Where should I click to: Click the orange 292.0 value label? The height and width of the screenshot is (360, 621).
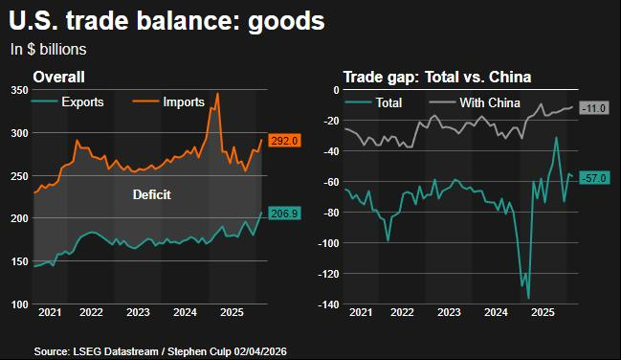(x=284, y=141)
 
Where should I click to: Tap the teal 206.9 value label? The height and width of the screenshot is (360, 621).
(x=284, y=214)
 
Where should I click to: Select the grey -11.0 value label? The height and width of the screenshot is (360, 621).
(x=594, y=108)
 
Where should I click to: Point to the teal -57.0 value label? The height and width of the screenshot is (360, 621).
(x=594, y=178)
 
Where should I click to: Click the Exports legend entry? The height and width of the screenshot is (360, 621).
(x=68, y=101)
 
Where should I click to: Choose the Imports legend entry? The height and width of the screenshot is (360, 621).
(x=168, y=101)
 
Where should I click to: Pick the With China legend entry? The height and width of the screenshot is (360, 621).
(x=475, y=102)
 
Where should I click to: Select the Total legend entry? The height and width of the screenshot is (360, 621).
(x=373, y=102)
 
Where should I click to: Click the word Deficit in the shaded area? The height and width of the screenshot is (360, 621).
(x=152, y=194)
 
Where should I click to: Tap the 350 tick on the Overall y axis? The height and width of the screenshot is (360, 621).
(x=19, y=90)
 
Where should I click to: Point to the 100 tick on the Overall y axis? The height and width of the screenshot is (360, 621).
(x=19, y=304)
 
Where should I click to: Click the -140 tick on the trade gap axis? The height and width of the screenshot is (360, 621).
(x=328, y=304)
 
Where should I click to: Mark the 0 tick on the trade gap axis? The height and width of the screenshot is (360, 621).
(x=336, y=90)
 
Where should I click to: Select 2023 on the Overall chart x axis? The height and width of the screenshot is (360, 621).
(x=138, y=312)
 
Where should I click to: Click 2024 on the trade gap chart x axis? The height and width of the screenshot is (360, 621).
(x=496, y=312)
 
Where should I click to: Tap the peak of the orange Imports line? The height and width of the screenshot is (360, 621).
(x=217, y=94)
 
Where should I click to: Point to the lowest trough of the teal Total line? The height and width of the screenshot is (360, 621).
(x=528, y=298)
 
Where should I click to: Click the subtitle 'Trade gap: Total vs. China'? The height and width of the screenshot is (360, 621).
(x=437, y=77)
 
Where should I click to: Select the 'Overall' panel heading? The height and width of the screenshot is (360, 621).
(x=58, y=77)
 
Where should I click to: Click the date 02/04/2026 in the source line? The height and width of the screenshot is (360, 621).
(x=260, y=351)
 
